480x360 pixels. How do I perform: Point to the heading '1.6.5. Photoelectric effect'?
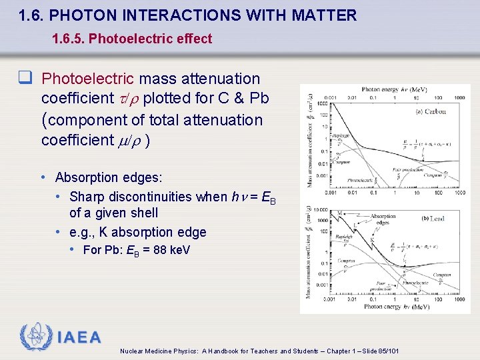[x=132, y=39]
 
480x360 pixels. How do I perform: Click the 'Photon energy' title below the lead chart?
[x=396, y=307]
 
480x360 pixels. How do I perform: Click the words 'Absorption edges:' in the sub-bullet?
[x=108, y=177]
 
